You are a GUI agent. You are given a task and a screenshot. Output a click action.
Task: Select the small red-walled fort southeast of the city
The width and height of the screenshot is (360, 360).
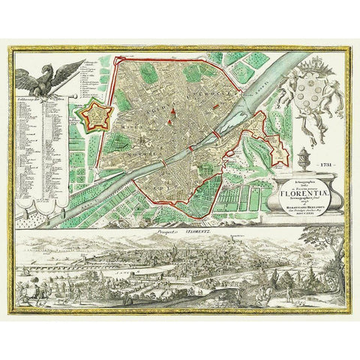coord(278,154)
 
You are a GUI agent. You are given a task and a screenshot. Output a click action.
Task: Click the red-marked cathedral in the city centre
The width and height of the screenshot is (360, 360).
coord(170,112)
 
